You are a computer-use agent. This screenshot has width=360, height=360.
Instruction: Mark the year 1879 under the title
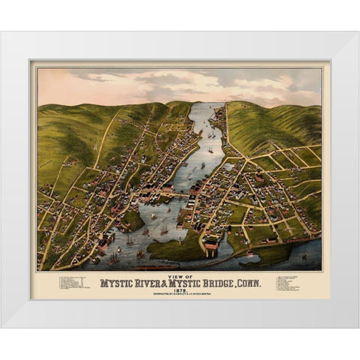[179, 291]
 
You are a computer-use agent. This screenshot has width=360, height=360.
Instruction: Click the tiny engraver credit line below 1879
[179, 295]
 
